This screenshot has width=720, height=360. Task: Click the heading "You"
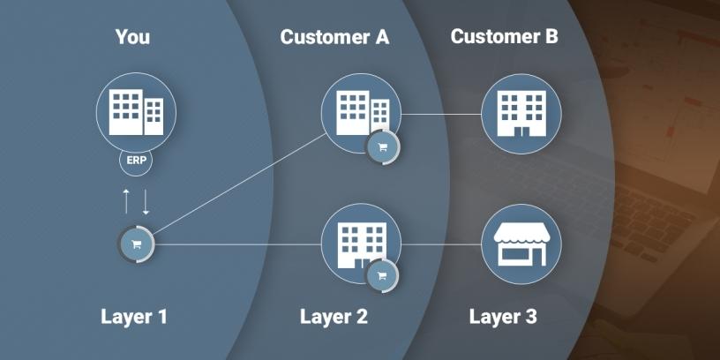point(132,37)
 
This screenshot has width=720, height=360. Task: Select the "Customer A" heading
point(334,37)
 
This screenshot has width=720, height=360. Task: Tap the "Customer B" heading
point(504,37)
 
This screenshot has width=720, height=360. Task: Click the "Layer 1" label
point(134,316)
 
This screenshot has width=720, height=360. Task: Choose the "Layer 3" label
point(503,316)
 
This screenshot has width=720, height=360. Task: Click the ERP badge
point(136,161)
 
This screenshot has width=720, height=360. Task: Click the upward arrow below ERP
point(126,200)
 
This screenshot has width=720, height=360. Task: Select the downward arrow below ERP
point(146,200)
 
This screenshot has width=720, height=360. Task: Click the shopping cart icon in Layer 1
point(137,244)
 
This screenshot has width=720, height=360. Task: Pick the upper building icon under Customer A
point(360,113)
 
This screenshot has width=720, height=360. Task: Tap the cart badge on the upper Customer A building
point(382,147)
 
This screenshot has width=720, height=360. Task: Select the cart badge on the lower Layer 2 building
point(382,275)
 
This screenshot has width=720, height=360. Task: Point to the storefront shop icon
point(521,244)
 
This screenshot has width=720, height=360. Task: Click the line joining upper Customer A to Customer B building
point(441,114)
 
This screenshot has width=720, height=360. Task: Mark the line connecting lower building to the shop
point(441,244)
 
